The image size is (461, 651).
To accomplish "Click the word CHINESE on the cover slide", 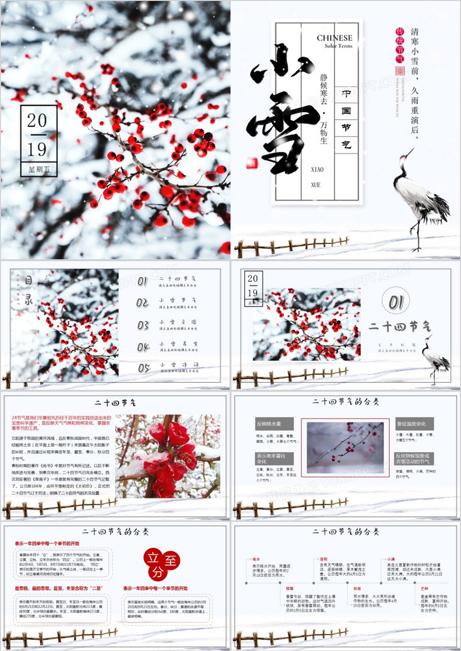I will (x=335, y=38).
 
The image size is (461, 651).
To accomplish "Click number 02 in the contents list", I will (x=142, y=302).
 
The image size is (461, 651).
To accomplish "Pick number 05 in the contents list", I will (x=144, y=368).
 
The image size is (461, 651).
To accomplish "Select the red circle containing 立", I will (x=153, y=558).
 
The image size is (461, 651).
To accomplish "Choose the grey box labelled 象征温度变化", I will (x=414, y=424).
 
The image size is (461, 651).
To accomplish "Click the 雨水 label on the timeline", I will (x=256, y=558).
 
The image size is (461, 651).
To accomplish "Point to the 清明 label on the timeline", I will (x=323, y=558).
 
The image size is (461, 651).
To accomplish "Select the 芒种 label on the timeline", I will (x=424, y=588).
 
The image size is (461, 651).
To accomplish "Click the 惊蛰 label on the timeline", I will (x=290, y=588).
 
